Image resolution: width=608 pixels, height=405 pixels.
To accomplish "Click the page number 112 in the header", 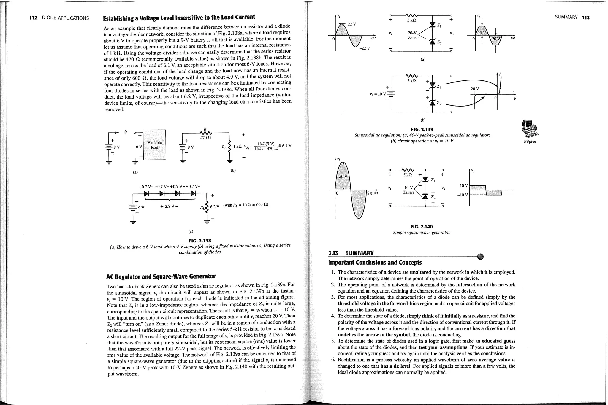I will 33,18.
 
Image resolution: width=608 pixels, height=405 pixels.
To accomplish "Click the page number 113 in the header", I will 585,18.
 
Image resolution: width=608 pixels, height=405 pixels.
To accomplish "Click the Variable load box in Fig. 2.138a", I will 154,145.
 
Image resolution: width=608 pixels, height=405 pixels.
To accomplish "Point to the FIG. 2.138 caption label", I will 200,240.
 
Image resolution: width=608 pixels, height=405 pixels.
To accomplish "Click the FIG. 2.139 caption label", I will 422,129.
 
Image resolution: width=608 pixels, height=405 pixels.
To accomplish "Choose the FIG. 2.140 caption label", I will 421,227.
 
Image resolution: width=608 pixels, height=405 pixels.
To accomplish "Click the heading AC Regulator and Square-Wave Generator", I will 161,277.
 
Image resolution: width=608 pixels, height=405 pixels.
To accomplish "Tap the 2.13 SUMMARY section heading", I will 351,253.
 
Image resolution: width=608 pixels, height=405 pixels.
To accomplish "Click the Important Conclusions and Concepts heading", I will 375,263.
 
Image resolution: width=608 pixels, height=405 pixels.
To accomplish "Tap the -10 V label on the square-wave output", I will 463,195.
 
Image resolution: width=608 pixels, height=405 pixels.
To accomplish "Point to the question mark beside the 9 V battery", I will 126,132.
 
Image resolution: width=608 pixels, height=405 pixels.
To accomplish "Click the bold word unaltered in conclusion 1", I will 420,272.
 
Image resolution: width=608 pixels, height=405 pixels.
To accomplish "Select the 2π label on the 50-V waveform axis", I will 370,193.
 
